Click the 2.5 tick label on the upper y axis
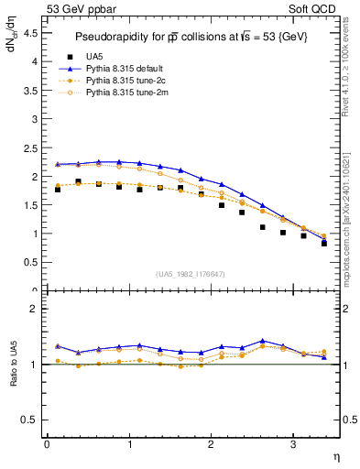click(31, 147)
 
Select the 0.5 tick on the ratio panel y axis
click(31, 420)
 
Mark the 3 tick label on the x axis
click(293, 444)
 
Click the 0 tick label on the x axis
click(47, 444)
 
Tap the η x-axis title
click(335, 455)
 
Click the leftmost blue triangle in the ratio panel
click(57, 346)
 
